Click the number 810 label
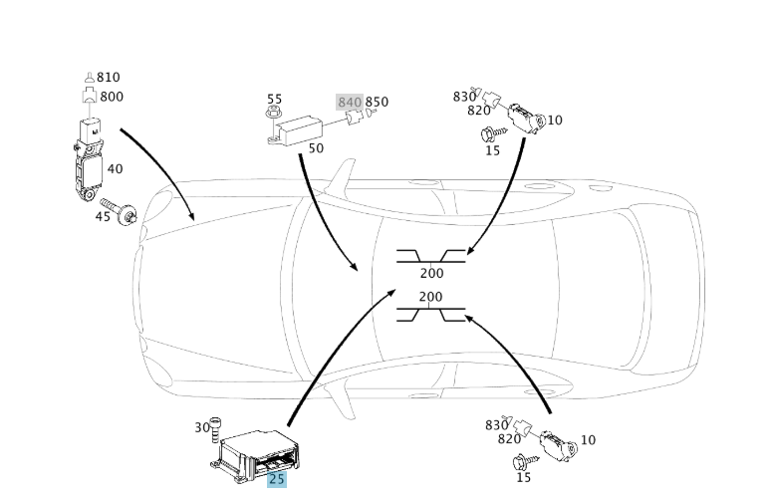tap(109, 78)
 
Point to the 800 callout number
tap(112, 97)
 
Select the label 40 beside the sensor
tap(115, 169)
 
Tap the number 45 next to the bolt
tap(104, 216)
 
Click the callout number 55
tap(274, 100)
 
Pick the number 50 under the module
tap(316, 148)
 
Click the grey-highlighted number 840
tap(350, 103)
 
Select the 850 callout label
tap(377, 103)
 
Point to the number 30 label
tap(202, 427)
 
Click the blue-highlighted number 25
tap(276, 479)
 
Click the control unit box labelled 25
tap(257, 454)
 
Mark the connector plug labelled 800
tap(89, 98)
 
